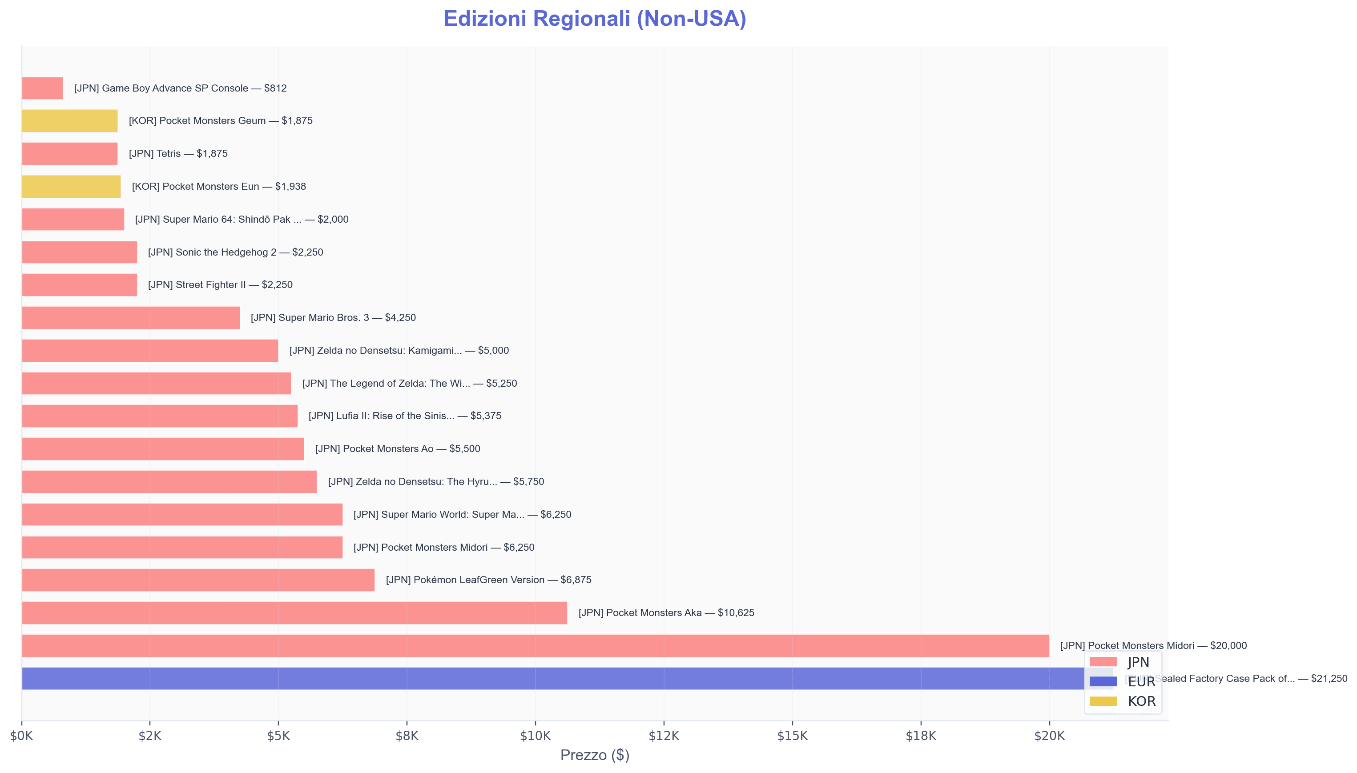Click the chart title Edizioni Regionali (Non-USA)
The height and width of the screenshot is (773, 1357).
click(x=594, y=19)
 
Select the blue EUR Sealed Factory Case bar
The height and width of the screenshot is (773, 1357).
click(x=531, y=678)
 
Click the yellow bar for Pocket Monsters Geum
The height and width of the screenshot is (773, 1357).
click(x=69, y=121)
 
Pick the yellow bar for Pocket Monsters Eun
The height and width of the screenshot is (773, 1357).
click(x=71, y=186)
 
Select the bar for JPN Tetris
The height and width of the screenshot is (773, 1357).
click(x=69, y=153)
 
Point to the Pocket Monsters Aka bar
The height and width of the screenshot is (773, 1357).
click(x=294, y=613)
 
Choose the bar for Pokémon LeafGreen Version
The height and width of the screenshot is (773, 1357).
click(x=198, y=580)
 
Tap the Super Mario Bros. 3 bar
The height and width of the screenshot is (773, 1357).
click(x=131, y=317)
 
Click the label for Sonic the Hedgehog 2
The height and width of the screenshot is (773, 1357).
click(x=235, y=252)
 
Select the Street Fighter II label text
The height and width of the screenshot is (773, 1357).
click(x=220, y=284)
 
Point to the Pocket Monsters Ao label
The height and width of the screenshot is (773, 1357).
click(x=397, y=449)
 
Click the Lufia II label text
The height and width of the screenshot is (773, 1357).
click(x=405, y=416)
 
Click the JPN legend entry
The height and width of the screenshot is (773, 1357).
click(x=1121, y=662)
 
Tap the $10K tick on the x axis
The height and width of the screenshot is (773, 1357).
click(x=535, y=736)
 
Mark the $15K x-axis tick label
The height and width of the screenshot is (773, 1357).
click(x=792, y=736)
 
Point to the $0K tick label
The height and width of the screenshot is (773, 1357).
click(x=22, y=736)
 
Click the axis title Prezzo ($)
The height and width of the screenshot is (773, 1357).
click(x=594, y=755)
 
